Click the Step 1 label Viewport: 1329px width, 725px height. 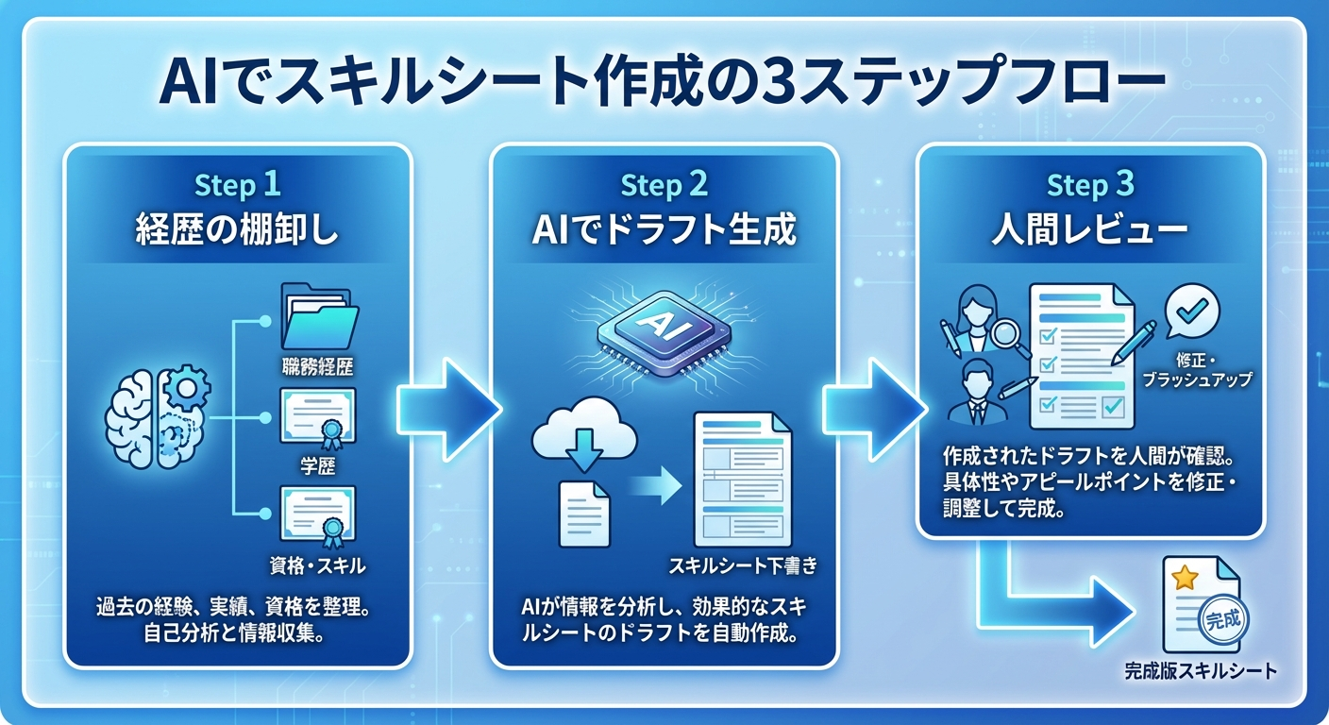tap(237, 186)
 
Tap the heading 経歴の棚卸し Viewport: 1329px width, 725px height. tap(237, 230)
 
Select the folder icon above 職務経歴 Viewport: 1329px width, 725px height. tap(319, 316)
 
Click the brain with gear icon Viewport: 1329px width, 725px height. tap(157, 414)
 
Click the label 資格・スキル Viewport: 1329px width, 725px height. tap(317, 566)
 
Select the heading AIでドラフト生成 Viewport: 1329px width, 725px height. tap(664, 230)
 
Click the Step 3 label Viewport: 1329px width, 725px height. tap(1090, 186)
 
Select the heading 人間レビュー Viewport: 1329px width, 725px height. tap(1090, 230)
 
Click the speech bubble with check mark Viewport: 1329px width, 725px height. tap(1193, 311)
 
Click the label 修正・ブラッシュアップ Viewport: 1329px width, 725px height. tap(1196, 370)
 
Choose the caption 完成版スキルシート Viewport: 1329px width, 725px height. tap(1201, 672)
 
